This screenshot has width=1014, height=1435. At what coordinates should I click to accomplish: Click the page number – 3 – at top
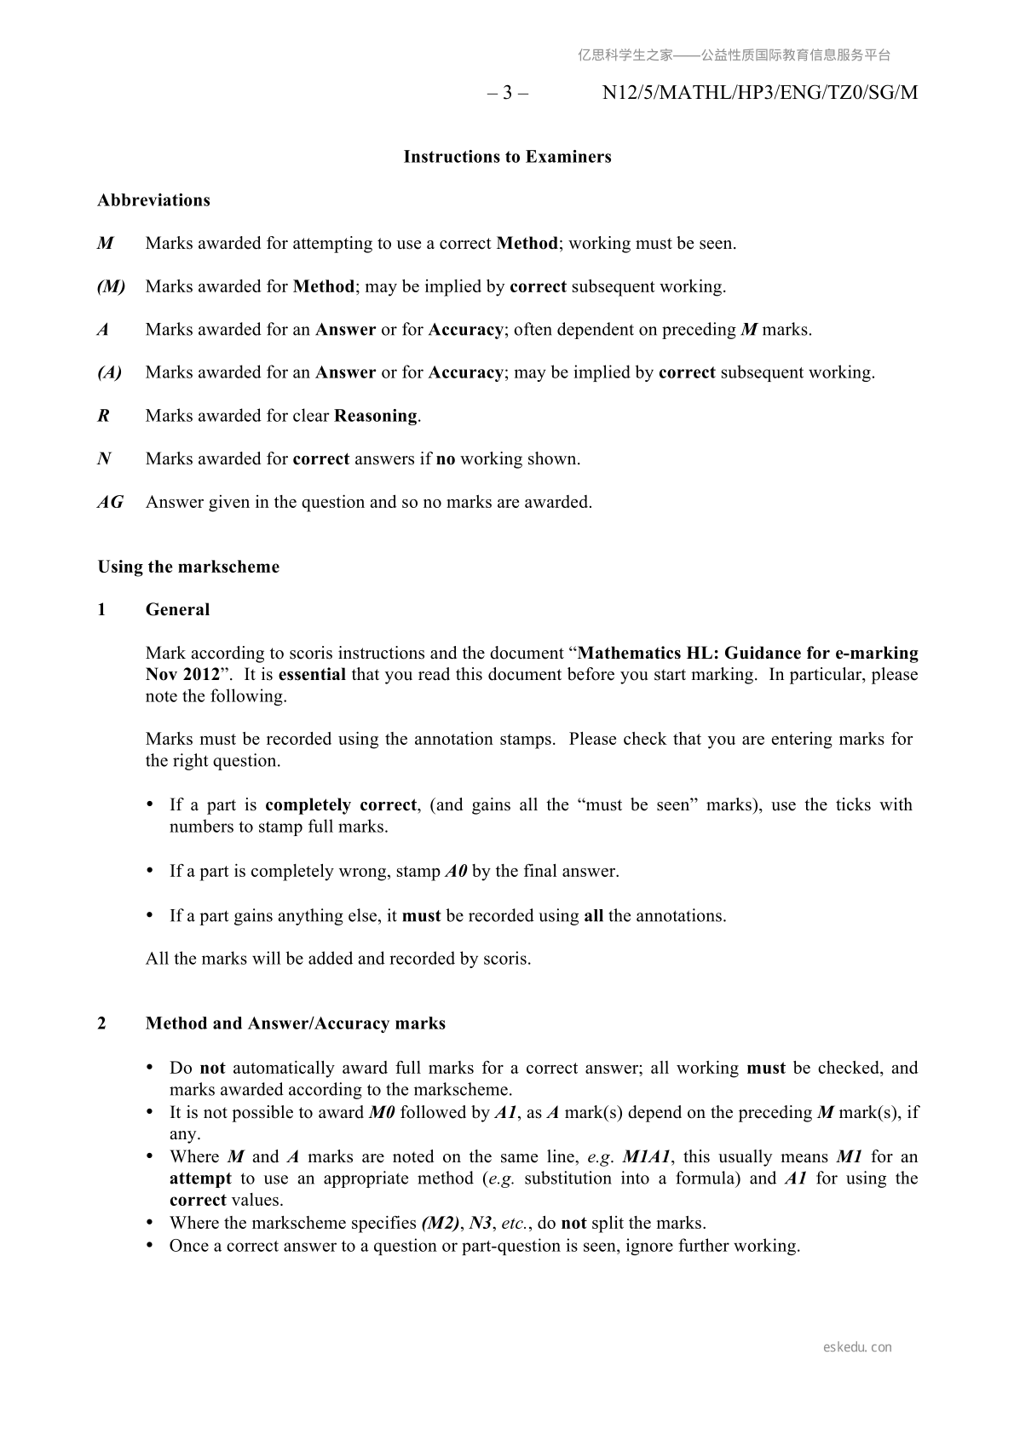[508, 93]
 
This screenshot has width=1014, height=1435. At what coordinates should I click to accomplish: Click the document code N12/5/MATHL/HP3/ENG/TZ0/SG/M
[759, 93]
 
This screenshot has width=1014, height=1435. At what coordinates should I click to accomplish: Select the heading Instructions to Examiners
[507, 157]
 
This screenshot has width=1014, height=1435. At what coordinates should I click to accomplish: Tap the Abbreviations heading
[153, 200]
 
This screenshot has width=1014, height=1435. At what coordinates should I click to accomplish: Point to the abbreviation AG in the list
[110, 502]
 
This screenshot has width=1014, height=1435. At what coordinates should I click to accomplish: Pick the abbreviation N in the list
[104, 458]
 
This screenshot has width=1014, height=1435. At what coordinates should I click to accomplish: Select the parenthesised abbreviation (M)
[111, 286]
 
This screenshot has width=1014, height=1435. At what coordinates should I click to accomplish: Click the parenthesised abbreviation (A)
[109, 372]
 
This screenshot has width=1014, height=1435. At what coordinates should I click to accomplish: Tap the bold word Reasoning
[376, 416]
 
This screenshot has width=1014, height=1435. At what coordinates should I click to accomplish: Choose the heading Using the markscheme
[188, 567]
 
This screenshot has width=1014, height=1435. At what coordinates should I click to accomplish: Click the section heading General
[177, 609]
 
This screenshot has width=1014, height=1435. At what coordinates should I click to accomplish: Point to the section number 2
[102, 1023]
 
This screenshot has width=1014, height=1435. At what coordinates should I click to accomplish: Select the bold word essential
[312, 674]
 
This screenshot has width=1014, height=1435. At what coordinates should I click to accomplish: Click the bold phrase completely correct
[341, 804]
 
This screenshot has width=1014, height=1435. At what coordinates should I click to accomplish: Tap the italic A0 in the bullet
[456, 871]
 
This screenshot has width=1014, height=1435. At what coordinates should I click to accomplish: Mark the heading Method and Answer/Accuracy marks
[296, 1023]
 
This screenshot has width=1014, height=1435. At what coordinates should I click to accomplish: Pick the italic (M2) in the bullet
[441, 1223]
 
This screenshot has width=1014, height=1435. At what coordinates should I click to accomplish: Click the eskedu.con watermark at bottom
[857, 1347]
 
